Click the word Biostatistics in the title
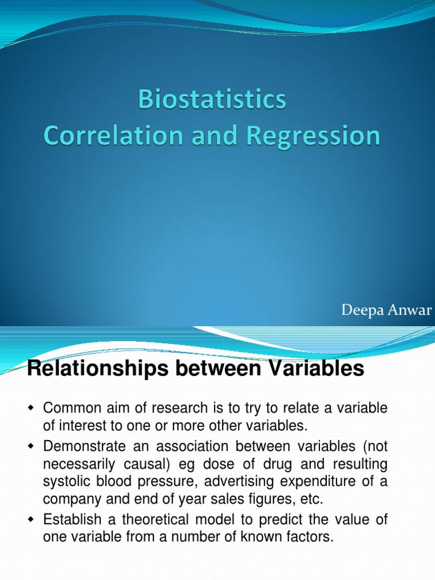click(213, 101)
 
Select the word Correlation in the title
click(106, 137)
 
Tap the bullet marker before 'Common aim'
click(31, 408)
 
